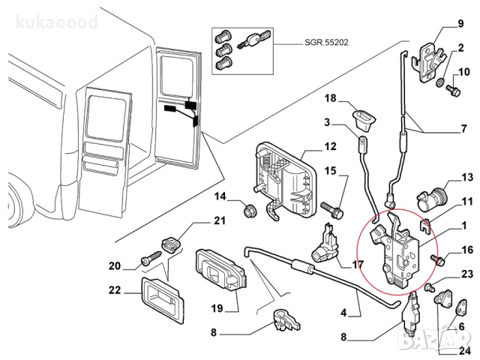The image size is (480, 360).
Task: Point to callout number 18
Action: (331, 99)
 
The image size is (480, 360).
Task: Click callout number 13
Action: (466, 178)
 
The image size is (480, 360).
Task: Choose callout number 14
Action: (220, 197)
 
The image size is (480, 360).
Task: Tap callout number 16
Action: (466, 250)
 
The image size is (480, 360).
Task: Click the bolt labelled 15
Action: (332, 202)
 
